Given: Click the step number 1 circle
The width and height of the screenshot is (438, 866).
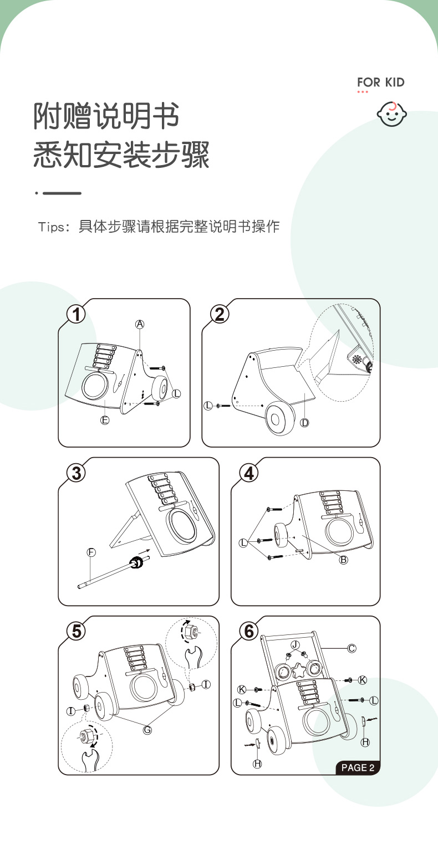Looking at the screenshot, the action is pyautogui.click(x=76, y=314).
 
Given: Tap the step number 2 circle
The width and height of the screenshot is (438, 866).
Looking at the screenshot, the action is pyautogui.click(x=220, y=314).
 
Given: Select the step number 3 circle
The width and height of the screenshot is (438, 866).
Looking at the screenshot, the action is pyautogui.click(x=76, y=473).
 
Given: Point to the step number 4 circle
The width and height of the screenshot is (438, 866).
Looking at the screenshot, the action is pyautogui.click(x=249, y=473).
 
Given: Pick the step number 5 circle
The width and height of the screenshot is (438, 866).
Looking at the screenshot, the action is pyautogui.click(x=76, y=631).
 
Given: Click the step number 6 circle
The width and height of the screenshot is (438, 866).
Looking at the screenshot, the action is pyautogui.click(x=249, y=631).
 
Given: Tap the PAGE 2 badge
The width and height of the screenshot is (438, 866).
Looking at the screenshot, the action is pyautogui.click(x=358, y=767).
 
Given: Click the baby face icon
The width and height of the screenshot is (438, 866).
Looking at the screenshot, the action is pyautogui.click(x=392, y=115).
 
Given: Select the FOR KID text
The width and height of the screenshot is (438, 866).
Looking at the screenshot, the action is pyautogui.click(x=381, y=83).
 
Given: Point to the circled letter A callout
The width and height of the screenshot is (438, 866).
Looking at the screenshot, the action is pyautogui.click(x=140, y=324).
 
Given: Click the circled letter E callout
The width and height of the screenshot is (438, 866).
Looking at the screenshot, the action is pyautogui.click(x=105, y=420).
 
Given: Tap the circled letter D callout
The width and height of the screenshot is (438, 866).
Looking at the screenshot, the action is pyautogui.click(x=305, y=423).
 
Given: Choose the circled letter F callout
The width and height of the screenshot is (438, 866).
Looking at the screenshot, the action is pyautogui.click(x=91, y=552).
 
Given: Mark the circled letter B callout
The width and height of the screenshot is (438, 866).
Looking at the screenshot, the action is pyautogui.click(x=344, y=560).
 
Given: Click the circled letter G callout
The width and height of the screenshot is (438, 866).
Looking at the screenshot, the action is pyautogui.click(x=147, y=730).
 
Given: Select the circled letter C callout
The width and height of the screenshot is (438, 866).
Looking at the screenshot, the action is pyautogui.click(x=352, y=648).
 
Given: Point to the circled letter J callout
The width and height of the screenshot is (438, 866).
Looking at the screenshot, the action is pyautogui.click(x=295, y=644).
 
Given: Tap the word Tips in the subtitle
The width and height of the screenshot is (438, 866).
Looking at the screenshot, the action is pyautogui.click(x=51, y=227).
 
